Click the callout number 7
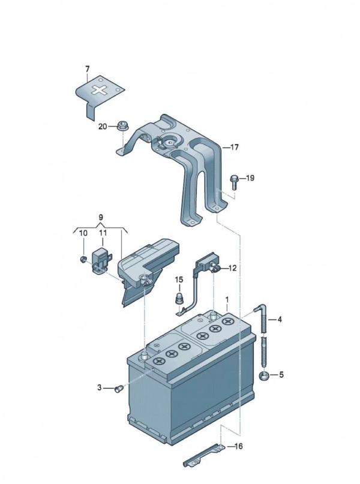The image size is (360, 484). click(x=87, y=69)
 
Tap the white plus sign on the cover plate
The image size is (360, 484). click(x=99, y=91)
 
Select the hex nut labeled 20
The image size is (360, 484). click(x=123, y=126)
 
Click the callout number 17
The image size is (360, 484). click(x=235, y=147)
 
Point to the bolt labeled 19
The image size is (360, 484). click(x=235, y=182)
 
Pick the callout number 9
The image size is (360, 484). click(x=101, y=217)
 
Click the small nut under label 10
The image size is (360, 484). click(x=83, y=259)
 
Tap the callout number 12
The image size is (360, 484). click(x=232, y=268)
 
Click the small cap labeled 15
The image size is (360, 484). click(x=179, y=299)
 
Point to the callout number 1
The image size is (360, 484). click(x=227, y=300)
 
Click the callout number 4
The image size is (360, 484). click(x=280, y=320)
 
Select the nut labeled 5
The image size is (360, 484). click(x=263, y=376)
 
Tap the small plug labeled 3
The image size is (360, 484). click(x=119, y=389)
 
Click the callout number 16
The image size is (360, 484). click(x=238, y=446)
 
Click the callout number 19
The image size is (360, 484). click(x=250, y=178)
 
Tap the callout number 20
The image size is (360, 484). click(x=103, y=126)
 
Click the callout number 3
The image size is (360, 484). click(x=100, y=387)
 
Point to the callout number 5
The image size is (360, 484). click(x=281, y=375)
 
